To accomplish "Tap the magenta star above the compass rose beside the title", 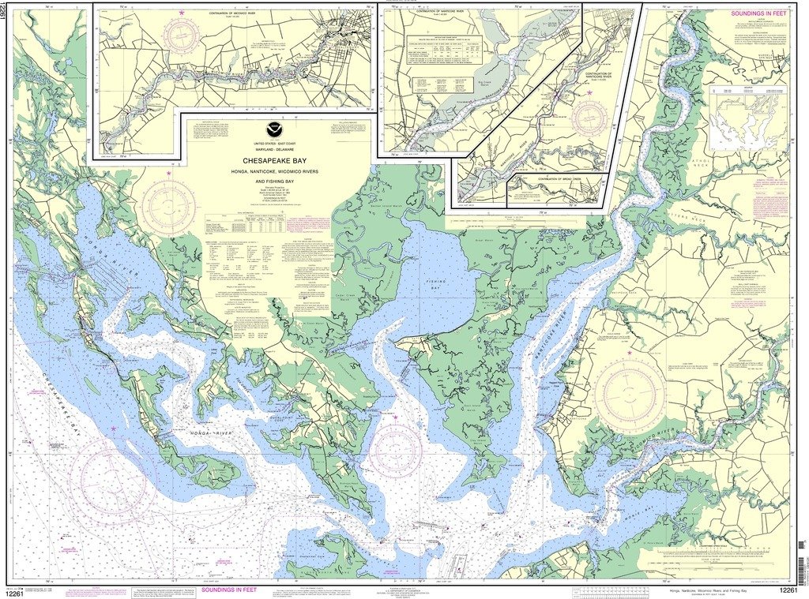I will [x=168, y=171].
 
